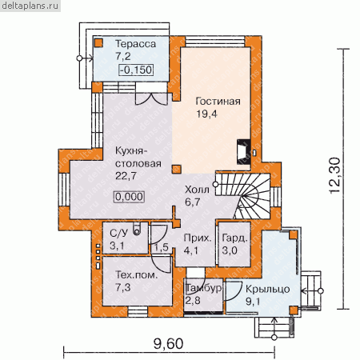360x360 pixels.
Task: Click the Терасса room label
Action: click(x=136, y=44)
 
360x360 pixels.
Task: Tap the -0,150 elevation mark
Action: click(x=136, y=70)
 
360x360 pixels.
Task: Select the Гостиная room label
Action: click(x=218, y=102)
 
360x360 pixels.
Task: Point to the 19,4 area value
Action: click(x=207, y=114)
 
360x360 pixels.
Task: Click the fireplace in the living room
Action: click(x=243, y=152)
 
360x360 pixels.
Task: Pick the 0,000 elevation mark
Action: click(x=130, y=197)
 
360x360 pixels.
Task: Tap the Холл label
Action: click(x=197, y=190)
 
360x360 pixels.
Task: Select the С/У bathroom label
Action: click(x=119, y=234)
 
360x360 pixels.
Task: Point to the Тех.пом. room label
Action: click(x=137, y=274)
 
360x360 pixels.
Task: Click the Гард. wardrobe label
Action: click(x=234, y=238)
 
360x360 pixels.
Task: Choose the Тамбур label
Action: click(x=203, y=288)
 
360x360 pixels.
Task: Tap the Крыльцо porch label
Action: click(x=268, y=290)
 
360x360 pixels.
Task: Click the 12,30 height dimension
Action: click(x=334, y=175)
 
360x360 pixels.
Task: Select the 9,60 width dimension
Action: click(x=169, y=343)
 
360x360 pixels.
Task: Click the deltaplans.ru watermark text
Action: click(x=30, y=6)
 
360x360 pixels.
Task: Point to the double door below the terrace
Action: click(x=151, y=98)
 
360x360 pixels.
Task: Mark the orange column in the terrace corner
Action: click(x=99, y=43)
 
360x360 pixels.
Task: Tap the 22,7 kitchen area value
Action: click(x=126, y=176)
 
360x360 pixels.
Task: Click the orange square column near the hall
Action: click(x=177, y=170)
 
